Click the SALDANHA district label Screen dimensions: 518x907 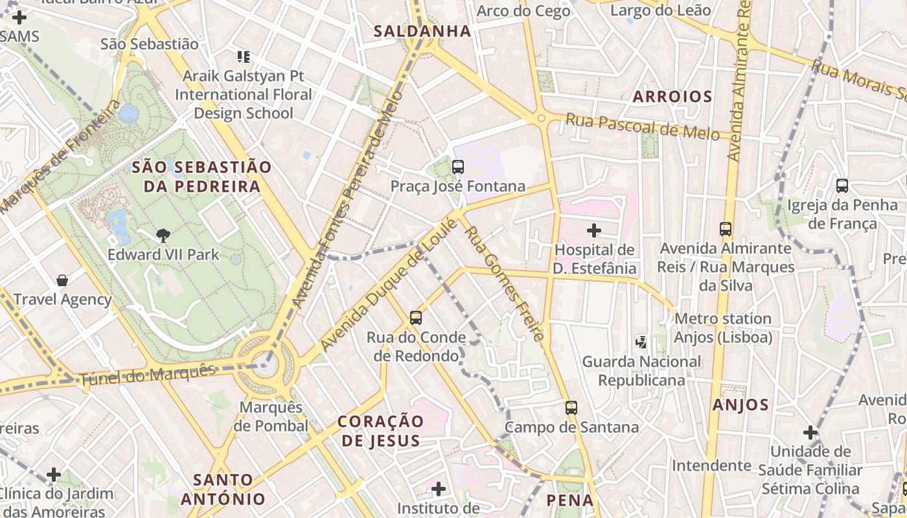[422, 31]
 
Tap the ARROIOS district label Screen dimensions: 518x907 [672, 97]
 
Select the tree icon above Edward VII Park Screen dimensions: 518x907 [163, 236]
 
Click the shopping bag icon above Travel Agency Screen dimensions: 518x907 [62, 280]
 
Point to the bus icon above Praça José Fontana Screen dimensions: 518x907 [458, 167]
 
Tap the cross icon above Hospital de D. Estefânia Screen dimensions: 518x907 [593, 230]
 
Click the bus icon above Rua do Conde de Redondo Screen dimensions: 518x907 [416, 318]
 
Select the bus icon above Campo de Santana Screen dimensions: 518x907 [571, 408]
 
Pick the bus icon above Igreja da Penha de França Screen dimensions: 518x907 [842, 186]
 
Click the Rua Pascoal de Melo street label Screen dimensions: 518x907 [642, 126]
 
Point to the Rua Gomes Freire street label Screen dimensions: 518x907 [503, 283]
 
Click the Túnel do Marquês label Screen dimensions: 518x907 [147, 376]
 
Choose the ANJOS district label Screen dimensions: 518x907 [740, 405]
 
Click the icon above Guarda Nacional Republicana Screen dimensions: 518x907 [641, 342]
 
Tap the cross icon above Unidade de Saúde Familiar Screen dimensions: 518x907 [810, 433]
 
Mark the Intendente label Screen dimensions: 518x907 [711, 466]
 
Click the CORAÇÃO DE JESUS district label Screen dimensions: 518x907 [380, 431]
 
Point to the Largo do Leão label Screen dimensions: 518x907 [660, 10]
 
